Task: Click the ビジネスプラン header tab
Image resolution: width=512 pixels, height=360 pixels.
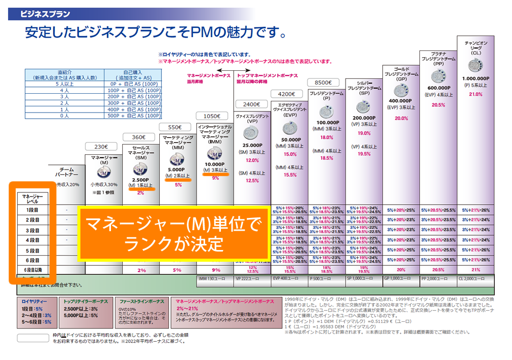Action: click(x=45, y=14)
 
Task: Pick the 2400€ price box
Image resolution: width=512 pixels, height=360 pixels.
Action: click(x=251, y=104)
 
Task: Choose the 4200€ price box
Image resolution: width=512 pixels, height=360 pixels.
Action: click(x=288, y=94)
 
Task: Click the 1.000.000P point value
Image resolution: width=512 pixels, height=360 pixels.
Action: click(x=476, y=78)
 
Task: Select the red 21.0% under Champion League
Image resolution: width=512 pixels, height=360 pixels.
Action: click(x=475, y=94)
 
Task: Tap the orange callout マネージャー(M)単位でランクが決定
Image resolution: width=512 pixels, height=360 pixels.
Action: click(x=173, y=233)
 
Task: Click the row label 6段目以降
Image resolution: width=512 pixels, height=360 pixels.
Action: click(x=30, y=270)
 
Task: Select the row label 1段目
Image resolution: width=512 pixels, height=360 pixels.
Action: click(x=30, y=210)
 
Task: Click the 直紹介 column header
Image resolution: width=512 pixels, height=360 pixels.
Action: click(x=65, y=75)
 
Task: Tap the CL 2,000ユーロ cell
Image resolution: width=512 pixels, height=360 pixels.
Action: click(x=475, y=279)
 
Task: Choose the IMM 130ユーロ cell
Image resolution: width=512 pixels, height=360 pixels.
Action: click(x=214, y=279)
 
